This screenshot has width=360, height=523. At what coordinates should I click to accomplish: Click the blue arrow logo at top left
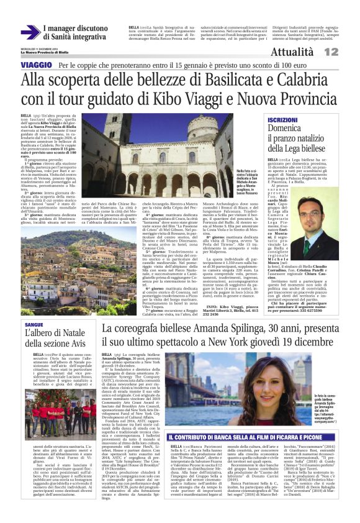(30, 32)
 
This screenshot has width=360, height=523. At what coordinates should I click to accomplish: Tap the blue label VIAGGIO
(37, 65)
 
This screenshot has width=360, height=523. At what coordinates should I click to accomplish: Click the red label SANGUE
(34, 324)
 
